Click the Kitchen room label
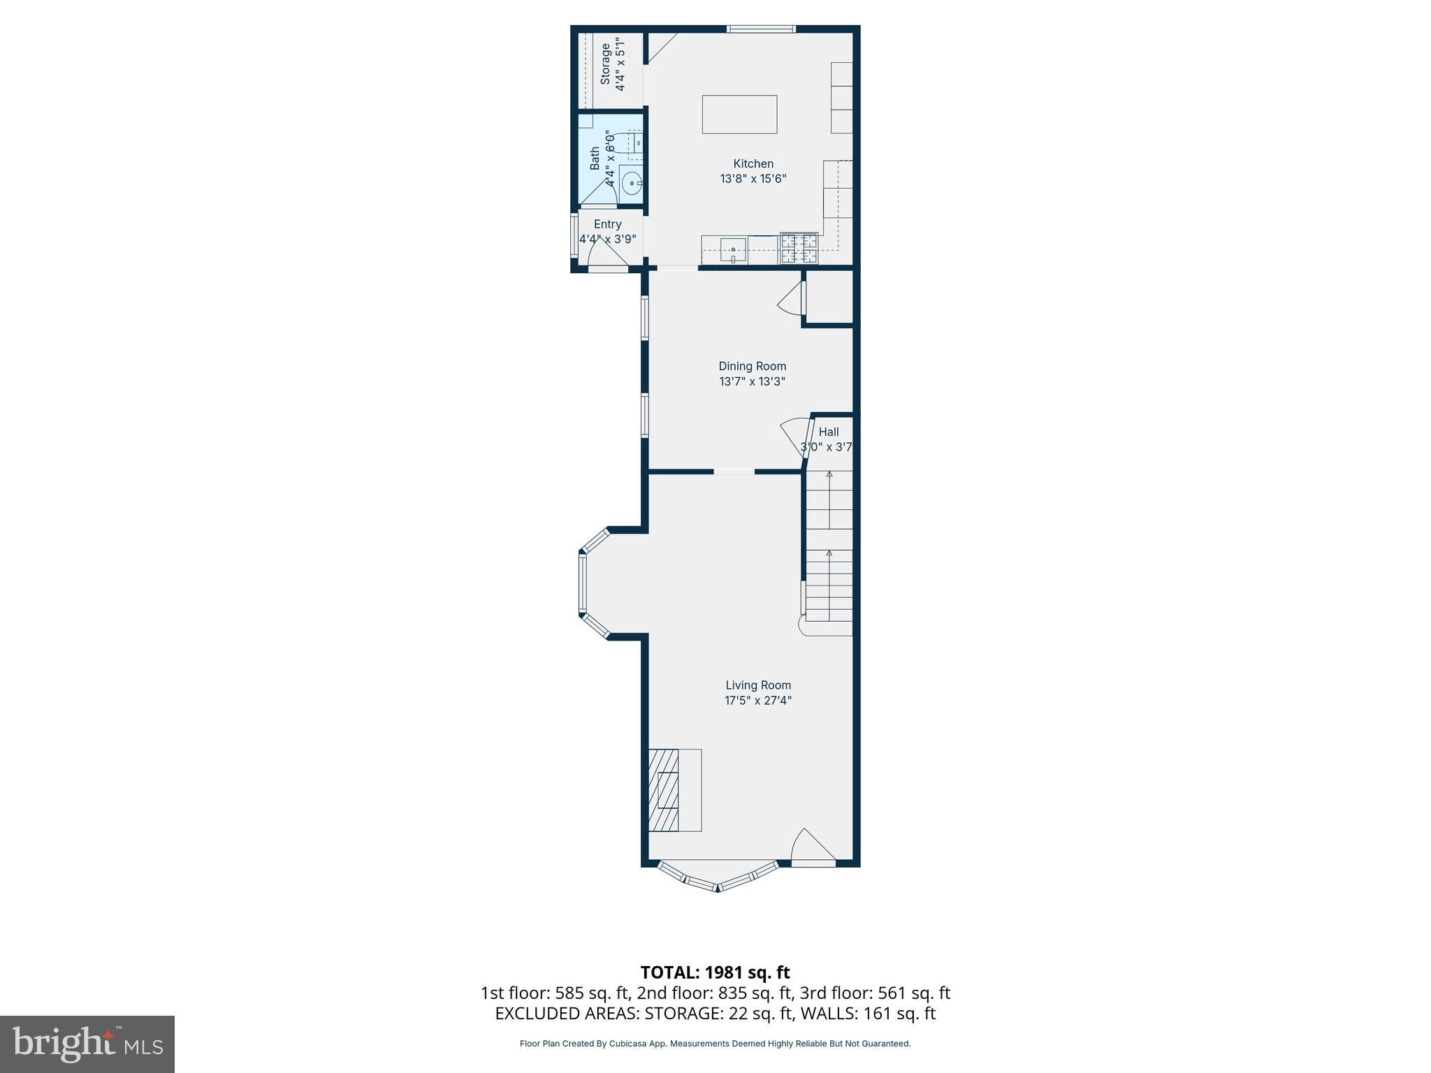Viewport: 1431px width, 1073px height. coord(753,164)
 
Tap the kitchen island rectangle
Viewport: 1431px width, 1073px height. coord(739,115)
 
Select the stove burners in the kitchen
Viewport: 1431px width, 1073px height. coord(799,248)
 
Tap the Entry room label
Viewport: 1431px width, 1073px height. coord(607,224)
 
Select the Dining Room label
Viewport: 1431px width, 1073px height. coord(752,366)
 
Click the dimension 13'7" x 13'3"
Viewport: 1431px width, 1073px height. coord(752,382)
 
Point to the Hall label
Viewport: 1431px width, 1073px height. coord(829,432)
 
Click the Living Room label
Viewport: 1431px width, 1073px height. coord(758,685)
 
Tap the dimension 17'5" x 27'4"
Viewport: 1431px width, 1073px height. coord(758,701)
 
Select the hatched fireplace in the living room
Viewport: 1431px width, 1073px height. coord(664,790)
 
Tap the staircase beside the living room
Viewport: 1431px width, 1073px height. coord(829,552)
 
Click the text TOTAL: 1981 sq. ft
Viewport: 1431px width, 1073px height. coord(715,972)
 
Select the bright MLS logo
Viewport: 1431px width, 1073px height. coord(87,1044)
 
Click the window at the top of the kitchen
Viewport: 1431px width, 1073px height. coord(760,29)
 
